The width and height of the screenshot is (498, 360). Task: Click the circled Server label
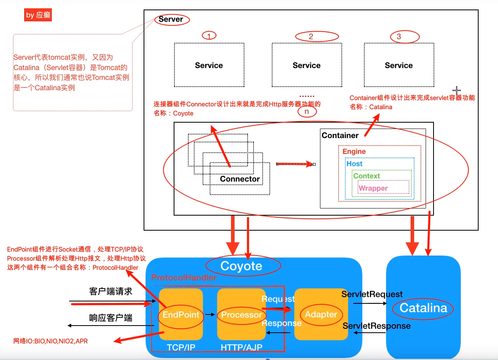coord(171,19)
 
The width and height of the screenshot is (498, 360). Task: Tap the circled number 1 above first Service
coord(209,36)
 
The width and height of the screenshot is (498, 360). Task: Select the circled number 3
coord(398,37)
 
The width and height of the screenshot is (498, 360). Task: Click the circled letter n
coord(306,112)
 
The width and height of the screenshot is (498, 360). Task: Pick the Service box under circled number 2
coord(307,65)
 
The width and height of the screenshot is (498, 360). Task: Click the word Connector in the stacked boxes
coord(240,179)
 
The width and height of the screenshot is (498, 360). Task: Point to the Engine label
coord(354,152)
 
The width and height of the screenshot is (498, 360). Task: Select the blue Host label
coord(354,163)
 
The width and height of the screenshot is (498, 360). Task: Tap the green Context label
coord(366,176)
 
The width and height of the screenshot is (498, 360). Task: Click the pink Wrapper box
coord(383,188)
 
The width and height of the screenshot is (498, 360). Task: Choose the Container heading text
coord(340,135)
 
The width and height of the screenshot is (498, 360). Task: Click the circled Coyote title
coord(241,266)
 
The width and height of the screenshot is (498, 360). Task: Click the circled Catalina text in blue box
coord(423,308)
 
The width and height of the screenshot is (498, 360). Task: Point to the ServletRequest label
coord(372,294)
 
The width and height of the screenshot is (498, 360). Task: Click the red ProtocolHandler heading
coord(184,278)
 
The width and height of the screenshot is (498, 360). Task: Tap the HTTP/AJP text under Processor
coord(241,347)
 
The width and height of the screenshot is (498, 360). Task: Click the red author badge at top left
coord(38,15)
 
